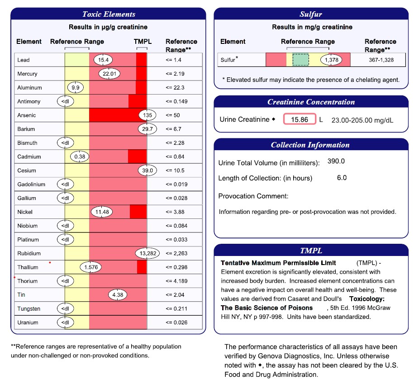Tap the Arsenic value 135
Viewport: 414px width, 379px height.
click(x=147, y=115)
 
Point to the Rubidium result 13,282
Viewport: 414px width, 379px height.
click(x=147, y=254)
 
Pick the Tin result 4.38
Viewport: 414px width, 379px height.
click(x=118, y=295)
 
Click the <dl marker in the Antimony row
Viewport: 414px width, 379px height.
click(x=65, y=101)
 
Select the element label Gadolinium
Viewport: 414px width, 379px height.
click(x=31, y=185)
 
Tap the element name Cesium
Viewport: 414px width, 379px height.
click(x=26, y=171)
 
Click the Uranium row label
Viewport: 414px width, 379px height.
click(x=28, y=322)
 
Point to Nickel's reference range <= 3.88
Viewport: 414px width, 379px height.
click(x=175, y=212)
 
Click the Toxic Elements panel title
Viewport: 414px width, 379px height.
click(x=109, y=14)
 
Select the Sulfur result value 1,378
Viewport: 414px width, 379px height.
click(x=329, y=60)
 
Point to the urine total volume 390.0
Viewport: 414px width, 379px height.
click(x=336, y=161)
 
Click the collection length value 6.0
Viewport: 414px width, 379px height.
click(x=342, y=178)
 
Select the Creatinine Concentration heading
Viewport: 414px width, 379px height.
click(x=310, y=102)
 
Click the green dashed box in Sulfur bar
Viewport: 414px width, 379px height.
click(x=300, y=60)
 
